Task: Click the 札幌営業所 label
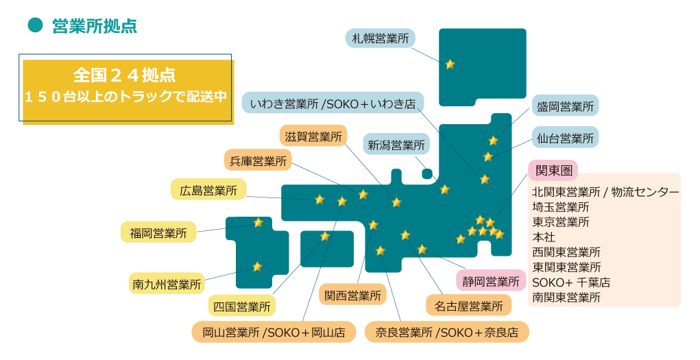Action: click(x=380, y=38)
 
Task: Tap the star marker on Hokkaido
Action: click(x=450, y=64)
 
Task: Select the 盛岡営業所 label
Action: click(x=565, y=106)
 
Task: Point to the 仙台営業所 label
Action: click(x=565, y=138)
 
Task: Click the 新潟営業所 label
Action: click(x=396, y=145)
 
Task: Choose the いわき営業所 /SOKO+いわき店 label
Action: click(x=333, y=104)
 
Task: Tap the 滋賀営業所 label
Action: click(x=313, y=136)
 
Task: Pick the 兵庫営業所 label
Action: click(x=258, y=161)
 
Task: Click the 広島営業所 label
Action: click(x=208, y=190)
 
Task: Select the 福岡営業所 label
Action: click(x=158, y=232)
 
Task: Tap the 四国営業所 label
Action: click(x=242, y=306)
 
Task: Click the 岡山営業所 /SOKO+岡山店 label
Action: click(x=274, y=333)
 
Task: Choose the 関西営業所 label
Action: click(x=352, y=296)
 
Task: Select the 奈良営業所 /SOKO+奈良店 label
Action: click(x=446, y=333)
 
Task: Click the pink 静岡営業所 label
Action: click(x=491, y=280)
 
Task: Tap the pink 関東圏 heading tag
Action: click(x=553, y=169)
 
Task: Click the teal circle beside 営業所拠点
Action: click(x=35, y=25)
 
